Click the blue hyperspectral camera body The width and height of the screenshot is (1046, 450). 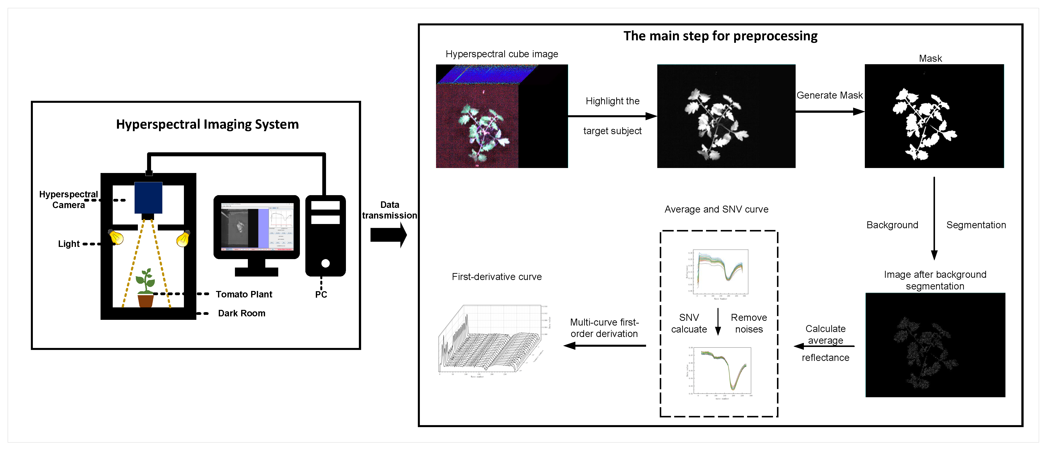click(148, 197)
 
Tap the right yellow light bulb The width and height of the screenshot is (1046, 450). click(183, 239)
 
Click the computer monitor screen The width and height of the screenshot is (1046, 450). click(257, 227)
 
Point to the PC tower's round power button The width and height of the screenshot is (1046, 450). click(325, 263)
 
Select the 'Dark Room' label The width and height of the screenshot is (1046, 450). click(242, 313)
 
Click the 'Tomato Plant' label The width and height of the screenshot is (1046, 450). click(244, 294)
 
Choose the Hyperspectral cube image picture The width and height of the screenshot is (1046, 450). click(501, 116)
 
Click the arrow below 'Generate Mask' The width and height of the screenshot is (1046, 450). click(829, 111)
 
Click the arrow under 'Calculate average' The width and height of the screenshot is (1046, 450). click(824, 346)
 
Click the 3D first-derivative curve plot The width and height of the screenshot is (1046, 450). click(493, 339)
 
